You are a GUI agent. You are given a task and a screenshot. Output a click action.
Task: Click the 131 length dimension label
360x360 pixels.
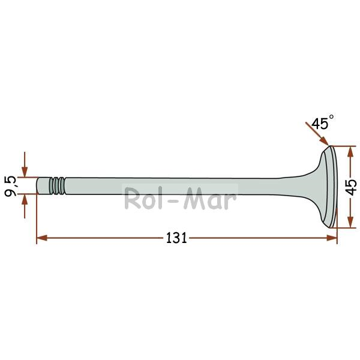tap(176, 238)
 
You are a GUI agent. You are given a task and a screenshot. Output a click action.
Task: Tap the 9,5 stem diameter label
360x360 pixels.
tap(11, 186)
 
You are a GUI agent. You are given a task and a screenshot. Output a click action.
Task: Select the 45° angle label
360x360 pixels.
tap(322, 122)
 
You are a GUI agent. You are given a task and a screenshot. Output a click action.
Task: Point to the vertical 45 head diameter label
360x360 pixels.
tap(352, 187)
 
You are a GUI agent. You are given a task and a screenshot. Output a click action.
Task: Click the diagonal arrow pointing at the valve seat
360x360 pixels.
tap(317, 134)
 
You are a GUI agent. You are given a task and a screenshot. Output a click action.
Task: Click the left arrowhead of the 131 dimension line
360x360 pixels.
tap(42, 238)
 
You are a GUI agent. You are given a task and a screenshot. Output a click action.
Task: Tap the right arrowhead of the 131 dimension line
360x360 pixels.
tap(332, 238)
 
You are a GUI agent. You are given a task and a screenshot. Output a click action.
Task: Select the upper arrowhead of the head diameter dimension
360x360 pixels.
tap(350, 152)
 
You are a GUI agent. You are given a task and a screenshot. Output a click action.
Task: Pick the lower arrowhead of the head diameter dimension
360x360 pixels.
tap(350, 222)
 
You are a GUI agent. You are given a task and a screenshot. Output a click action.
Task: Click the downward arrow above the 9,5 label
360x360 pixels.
tap(25, 164)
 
